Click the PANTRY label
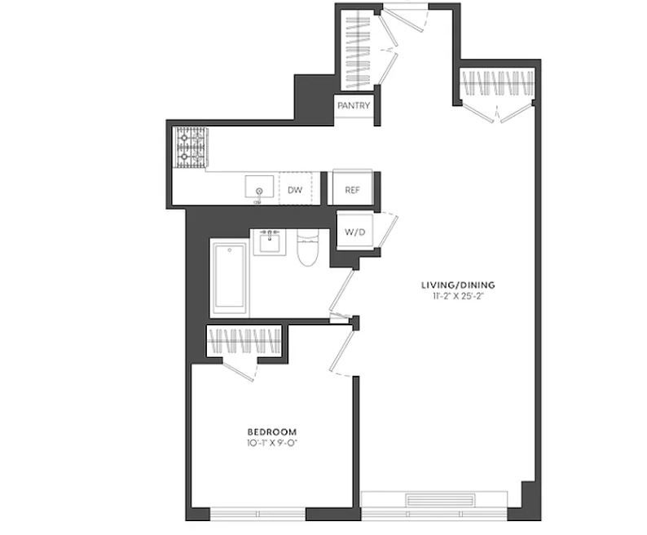click(354, 106)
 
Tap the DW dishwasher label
click(295, 190)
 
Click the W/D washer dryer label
click(354, 232)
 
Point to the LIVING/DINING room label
click(458, 285)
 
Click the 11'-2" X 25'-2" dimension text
click(458, 296)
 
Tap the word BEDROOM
click(272, 432)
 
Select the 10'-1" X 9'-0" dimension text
click(272, 444)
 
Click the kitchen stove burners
click(191, 147)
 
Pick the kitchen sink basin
click(259, 186)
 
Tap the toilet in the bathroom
click(307, 247)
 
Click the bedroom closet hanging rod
click(244, 341)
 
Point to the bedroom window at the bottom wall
click(257, 514)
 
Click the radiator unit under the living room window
click(441, 500)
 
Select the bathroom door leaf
click(342, 290)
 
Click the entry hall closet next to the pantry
click(358, 50)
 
